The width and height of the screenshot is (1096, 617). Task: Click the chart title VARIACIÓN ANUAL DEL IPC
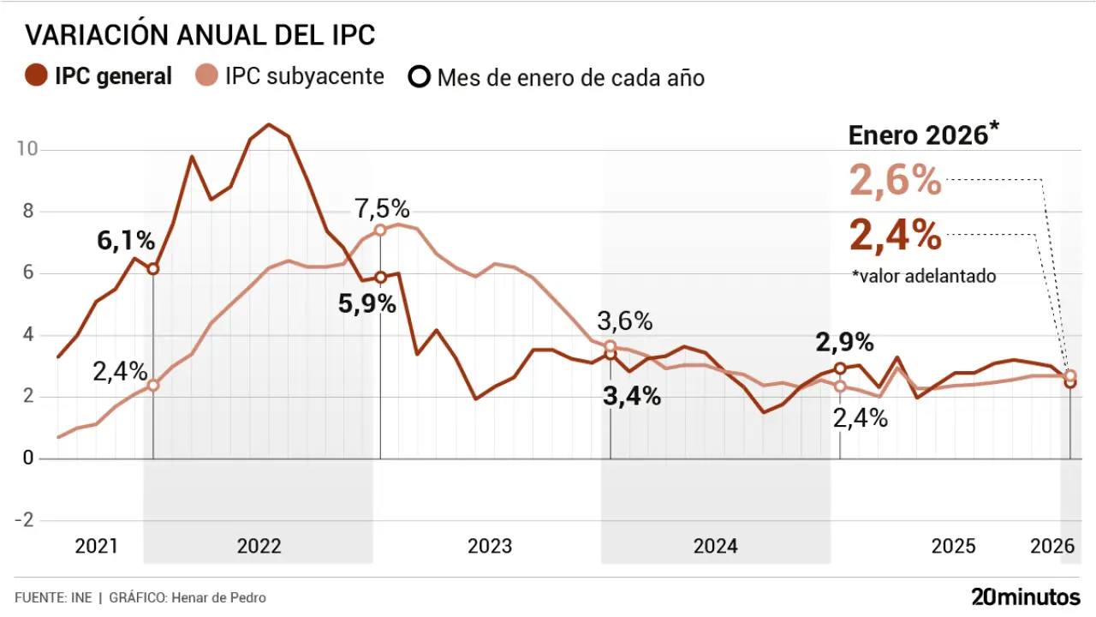tap(200, 35)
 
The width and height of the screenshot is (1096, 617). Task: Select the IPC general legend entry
tap(100, 76)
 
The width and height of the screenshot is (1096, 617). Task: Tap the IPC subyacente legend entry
tap(290, 76)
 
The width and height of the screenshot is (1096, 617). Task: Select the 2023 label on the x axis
tap(490, 547)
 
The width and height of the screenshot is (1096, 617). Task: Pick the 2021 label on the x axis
tap(96, 547)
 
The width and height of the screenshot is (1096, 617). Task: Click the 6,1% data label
tap(125, 242)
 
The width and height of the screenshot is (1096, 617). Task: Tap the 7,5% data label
tap(383, 209)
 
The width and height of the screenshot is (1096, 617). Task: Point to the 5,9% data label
tap(367, 304)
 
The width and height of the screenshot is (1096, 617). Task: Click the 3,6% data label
tap(625, 322)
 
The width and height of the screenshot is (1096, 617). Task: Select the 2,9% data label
tap(845, 343)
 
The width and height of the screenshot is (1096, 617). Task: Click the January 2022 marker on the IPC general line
tap(153, 269)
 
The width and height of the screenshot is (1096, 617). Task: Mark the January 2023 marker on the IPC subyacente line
tap(380, 230)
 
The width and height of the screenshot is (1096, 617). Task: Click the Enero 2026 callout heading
tap(924, 135)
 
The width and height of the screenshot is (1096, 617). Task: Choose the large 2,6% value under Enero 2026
tap(896, 182)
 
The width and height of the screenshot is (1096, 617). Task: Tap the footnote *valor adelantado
tap(924, 277)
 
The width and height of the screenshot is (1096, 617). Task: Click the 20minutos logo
tap(1025, 596)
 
